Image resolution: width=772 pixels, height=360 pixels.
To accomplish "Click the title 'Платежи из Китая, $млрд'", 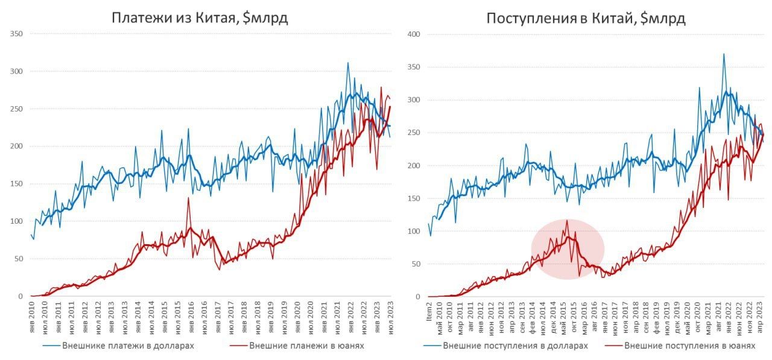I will tap(200, 17).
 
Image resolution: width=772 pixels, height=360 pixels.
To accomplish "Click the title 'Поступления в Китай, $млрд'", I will tap(586, 18).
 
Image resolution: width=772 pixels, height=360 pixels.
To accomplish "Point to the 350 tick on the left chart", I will tap(16, 34).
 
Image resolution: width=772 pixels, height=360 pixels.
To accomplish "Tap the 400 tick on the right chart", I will tap(413, 34).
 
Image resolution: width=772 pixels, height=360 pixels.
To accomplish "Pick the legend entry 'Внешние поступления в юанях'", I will tap(689, 346).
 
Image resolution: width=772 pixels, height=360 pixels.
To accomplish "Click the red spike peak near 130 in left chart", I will tap(188, 198).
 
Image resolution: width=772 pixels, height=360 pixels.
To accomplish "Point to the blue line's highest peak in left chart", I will tap(347, 63).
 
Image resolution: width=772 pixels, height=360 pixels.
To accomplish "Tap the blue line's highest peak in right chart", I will tap(724, 54).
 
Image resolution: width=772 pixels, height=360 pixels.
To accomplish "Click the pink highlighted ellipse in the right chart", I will tap(567, 249).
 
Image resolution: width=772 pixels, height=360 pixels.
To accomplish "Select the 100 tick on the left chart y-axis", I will tap(16, 221).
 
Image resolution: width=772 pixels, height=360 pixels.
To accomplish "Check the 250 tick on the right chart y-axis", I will tap(413, 133).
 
